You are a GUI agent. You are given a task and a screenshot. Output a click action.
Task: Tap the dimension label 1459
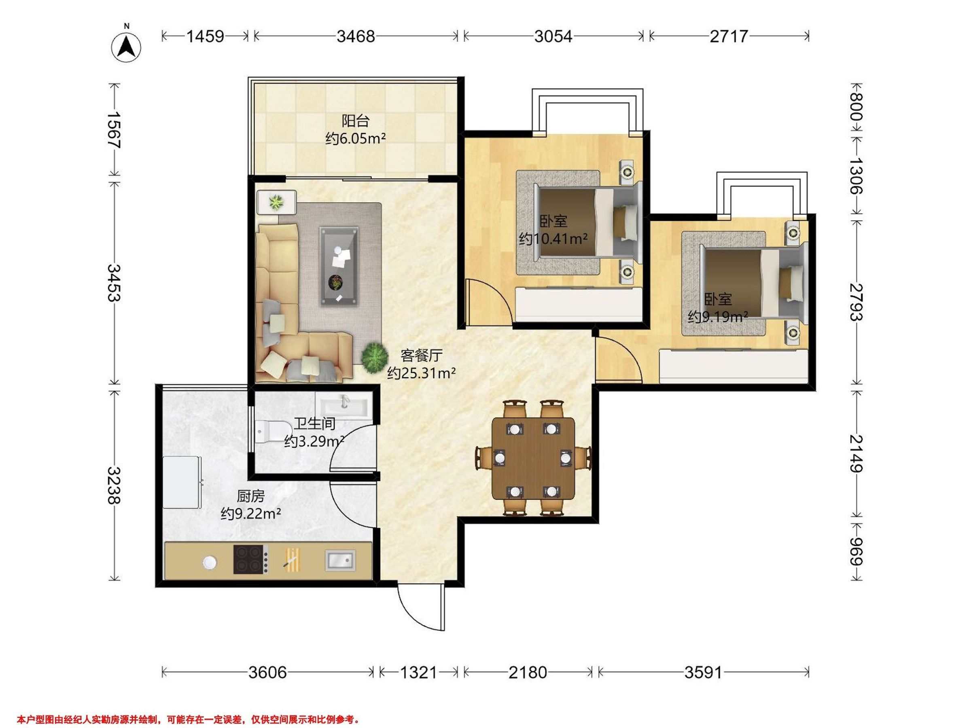tap(206, 36)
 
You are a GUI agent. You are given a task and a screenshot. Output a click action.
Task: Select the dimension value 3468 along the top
tap(356, 36)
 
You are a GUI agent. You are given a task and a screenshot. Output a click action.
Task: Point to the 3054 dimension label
tap(553, 36)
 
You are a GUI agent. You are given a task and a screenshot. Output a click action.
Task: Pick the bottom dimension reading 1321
tap(418, 672)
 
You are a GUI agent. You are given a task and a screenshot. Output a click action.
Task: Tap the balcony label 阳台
tap(356, 120)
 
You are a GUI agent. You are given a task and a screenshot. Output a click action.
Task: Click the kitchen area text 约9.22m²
tap(251, 513)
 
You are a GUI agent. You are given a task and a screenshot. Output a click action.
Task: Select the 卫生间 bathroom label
tap(315, 423)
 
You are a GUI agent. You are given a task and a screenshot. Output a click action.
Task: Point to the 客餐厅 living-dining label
tap(422, 355)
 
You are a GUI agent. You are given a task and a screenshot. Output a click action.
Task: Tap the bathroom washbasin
tap(344, 404)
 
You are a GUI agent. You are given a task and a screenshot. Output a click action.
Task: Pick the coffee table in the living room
tap(339, 267)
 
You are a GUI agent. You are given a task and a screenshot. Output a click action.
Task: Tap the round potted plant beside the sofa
tap(374, 357)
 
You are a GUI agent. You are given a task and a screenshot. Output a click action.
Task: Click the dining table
tap(533, 459)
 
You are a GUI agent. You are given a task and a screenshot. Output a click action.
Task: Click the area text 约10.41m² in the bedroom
tap(553, 239)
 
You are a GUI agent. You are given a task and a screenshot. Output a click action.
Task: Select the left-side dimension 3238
tap(114, 485)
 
